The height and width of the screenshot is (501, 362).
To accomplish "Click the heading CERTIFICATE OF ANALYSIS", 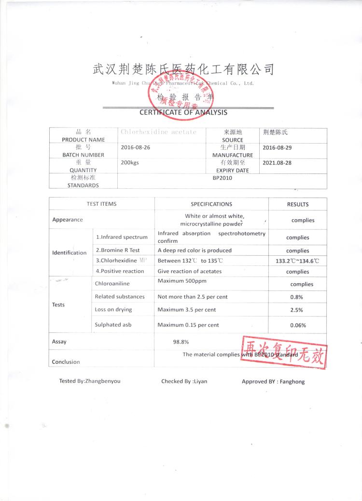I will (x=183, y=112).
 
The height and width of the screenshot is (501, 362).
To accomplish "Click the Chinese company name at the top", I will (x=183, y=70).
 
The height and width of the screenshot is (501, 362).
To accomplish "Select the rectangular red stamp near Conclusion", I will (x=283, y=352).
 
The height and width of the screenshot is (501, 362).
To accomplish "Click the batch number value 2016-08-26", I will (x=136, y=147).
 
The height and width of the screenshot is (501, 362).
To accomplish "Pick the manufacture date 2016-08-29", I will (x=277, y=147).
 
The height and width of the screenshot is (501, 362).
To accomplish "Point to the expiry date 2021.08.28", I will (x=277, y=163).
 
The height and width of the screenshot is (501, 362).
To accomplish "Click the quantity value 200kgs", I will (x=130, y=163).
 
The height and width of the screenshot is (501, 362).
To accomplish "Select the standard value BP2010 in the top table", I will (x=223, y=178).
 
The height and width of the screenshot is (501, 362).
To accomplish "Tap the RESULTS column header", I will (x=297, y=204).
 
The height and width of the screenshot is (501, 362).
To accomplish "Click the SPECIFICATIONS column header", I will (x=211, y=204).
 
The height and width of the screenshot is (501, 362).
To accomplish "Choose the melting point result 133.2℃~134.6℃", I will (x=297, y=261).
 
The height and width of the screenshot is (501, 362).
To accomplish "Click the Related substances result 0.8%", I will (x=296, y=297).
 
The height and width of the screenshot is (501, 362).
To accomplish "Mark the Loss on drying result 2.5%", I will (x=296, y=310).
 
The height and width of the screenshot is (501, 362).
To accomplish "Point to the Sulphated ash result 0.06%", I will (x=298, y=325).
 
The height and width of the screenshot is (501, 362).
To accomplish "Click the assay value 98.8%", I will (x=181, y=342).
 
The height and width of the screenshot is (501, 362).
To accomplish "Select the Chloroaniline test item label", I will (x=112, y=284).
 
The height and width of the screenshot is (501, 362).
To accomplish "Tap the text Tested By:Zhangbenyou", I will (x=90, y=381).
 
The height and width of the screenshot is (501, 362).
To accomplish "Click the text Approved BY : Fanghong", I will (x=273, y=382).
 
